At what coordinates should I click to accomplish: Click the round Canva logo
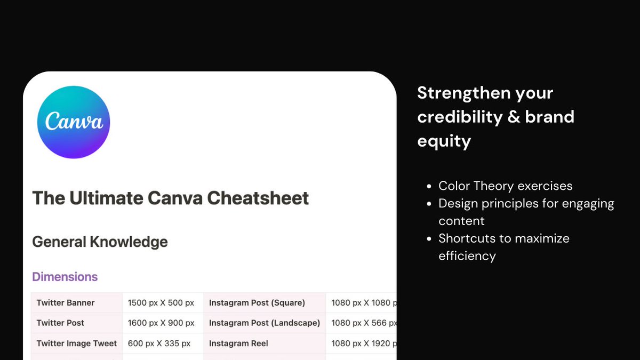tap(74, 122)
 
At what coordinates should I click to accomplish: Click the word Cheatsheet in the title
tap(258, 198)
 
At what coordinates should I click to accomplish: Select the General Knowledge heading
tap(100, 242)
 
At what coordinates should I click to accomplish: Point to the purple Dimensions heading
tap(65, 277)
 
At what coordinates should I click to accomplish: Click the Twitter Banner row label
tap(66, 303)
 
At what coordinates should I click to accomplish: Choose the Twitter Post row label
tap(60, 323)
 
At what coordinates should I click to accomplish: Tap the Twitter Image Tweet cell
tap(76, 343)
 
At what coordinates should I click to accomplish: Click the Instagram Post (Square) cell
tap(257, 303)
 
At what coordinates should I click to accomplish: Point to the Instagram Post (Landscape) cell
tap(265, 323)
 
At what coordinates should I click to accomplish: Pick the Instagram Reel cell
tap(238, 343)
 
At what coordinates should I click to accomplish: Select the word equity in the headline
tap(444, 141)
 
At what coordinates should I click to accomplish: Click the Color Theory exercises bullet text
tap(505, 186)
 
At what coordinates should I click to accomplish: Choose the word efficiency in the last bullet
tap(467, 256)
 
